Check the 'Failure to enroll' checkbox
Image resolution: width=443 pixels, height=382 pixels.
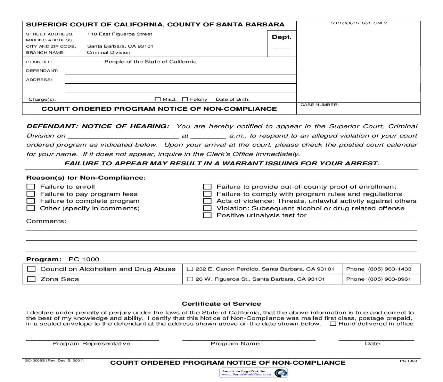pyautogui.click(x=31, y=187)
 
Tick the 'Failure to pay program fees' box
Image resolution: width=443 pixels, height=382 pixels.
pyautogui.click(x=31, y=194)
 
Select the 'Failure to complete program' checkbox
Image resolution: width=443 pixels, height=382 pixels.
pyautogui.click(x=31, y=201)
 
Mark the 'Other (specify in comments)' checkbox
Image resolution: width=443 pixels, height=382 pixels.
pyautogui.click(x=31, y=208)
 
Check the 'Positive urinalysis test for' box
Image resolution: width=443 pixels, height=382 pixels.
pyautogui.click(x=207, y=215)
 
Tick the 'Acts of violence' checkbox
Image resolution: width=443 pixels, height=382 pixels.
pyautogui.click(x=207, y=201)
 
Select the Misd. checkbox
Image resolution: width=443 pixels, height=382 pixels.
pyautogui.click(x=157, y=99)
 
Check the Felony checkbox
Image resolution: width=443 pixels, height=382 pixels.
pyautogui.click(x=185, y=99)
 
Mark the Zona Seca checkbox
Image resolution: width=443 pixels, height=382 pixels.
pyautogui.click(x=31, y=279)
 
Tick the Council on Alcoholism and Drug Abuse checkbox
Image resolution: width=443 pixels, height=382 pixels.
pyautogui.click(x=31, y=269)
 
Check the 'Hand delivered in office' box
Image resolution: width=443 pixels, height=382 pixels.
pyautogui.click(x=333, y=324)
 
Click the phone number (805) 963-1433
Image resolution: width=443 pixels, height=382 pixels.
pyautogui.click(x=389, y=269)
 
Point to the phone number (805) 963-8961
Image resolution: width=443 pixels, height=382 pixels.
pyautogui.click(x=389, y=279)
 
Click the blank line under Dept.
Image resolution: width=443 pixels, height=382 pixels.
pyautogui.click(x=281, y=49)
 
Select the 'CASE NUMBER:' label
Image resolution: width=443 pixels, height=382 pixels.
pyautogui.click(x=319, y=105)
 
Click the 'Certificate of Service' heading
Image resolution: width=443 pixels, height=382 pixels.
pyautogui.click(x=221, y=304)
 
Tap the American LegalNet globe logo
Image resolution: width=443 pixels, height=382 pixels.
pyautogui.click(x=280, y=373)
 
